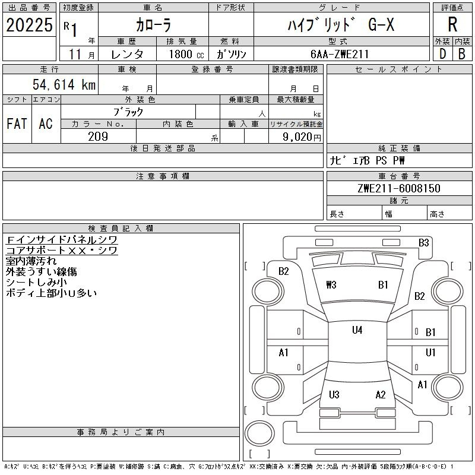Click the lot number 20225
29,25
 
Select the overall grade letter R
452,24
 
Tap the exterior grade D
442,54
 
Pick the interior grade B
462,54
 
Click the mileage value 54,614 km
64,84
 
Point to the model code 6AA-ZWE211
340,54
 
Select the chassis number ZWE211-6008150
399,188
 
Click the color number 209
98,137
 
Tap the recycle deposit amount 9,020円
302,137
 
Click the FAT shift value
17,123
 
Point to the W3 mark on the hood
331,285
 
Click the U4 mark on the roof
357,330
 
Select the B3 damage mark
423,243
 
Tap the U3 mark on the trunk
334,394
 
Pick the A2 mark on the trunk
381,394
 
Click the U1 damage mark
430,352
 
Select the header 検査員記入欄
121,228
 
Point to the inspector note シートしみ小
36,283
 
